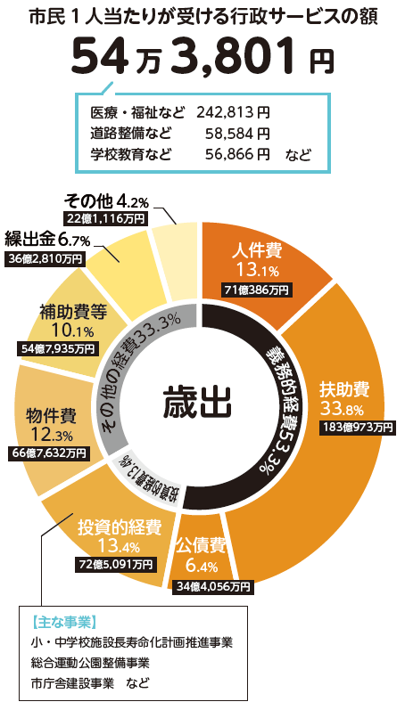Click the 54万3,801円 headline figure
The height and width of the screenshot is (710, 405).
pos(202,58)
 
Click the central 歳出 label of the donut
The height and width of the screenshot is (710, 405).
pos(197,402)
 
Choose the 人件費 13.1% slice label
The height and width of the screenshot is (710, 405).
pos(258,259)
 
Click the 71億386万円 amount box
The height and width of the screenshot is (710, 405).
pos(257,290)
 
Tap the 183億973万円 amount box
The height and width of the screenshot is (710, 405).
pos(358,427)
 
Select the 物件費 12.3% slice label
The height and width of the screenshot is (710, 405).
pos(50,424)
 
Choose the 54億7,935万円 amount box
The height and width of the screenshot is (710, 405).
pos(57,348)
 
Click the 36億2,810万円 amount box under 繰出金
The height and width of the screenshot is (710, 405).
pos(45,258)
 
